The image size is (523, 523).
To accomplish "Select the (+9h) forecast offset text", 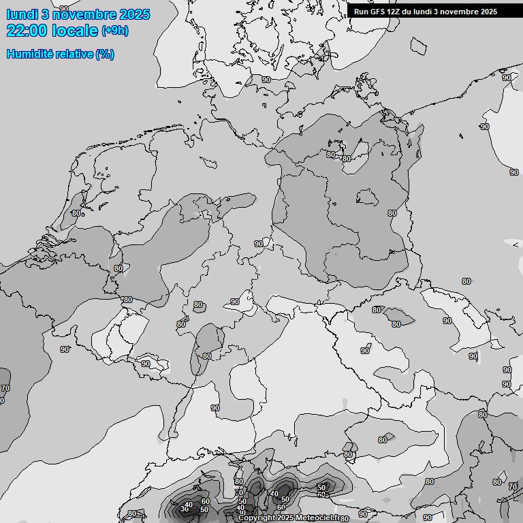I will [x=114, y=31].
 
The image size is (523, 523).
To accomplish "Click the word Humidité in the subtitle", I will [x=30, y=54].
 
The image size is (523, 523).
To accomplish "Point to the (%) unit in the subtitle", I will [x=104, y=54].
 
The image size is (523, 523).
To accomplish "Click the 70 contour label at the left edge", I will [x=5, y=388].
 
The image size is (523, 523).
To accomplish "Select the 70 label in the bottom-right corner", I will [x=513, y=487].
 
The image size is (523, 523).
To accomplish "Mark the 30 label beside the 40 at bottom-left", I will [x=184, y=509].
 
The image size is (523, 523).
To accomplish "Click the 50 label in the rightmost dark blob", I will [x=321, y=488].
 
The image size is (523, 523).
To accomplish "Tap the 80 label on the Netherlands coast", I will [x=76, y=213].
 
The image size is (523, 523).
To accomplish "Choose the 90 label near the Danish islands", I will [x=266, y=80].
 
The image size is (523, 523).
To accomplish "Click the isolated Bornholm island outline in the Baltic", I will [x=417, y=45].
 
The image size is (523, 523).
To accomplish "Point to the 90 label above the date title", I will [x=64, y=8].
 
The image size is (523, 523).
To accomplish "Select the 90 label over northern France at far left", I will [x=65, y=349].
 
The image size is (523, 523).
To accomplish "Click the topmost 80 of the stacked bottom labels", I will [x=238, y=481].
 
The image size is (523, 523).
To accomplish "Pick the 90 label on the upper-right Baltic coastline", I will [x=506, y=78].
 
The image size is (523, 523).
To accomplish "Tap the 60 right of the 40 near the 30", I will [x=205, y=501].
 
